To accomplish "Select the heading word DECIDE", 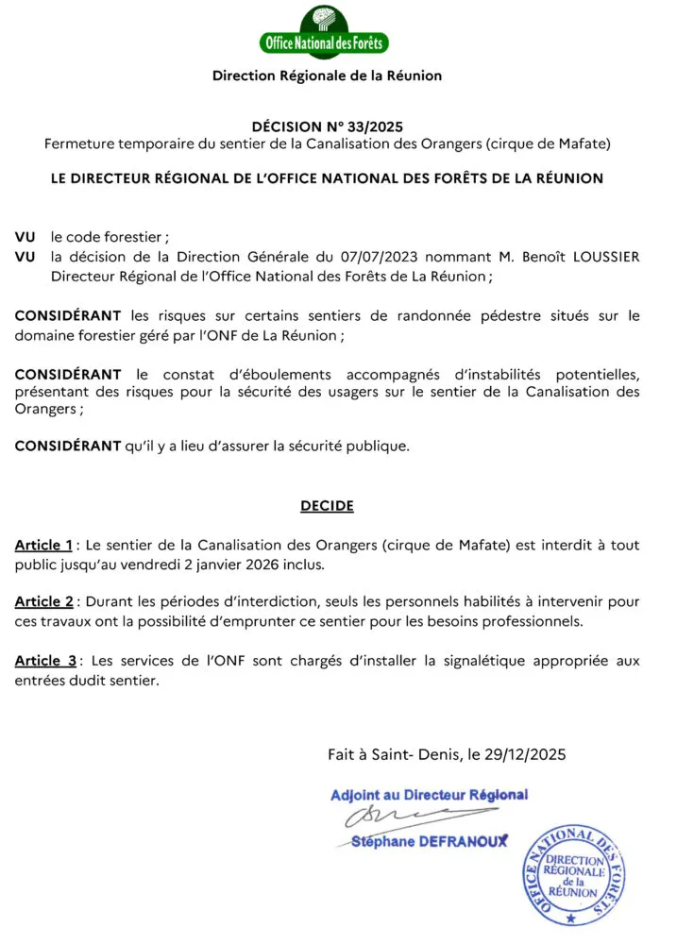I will coord(327,506).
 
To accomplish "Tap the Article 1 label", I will coord(43,546).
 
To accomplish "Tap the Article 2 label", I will coord(43,602).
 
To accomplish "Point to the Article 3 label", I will coord(45,661).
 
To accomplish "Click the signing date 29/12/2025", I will coord(524,754).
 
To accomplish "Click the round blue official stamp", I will coord(573,872).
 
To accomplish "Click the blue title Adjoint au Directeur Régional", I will coord(429,795).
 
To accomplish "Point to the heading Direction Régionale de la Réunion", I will coord(327,76).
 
